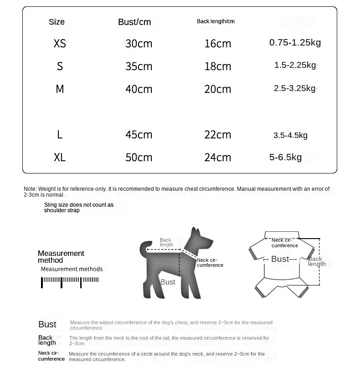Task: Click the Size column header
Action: pos(57,22)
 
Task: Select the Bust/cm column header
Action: pos(134,22)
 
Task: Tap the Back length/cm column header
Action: pos(216,21)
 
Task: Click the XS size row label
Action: pos(60,43)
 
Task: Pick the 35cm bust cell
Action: pos(139,66)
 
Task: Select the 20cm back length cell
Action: pos(217,89)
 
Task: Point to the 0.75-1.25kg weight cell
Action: pos(295,43)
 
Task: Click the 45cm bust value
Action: pos(139,135)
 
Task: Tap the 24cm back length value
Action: pos(217,158)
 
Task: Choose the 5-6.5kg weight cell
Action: pos(285,158)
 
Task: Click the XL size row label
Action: pos(60,158)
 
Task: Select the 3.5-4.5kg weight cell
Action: pos(290,135)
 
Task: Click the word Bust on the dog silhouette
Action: pos(168,282)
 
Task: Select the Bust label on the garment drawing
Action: pos(280,259)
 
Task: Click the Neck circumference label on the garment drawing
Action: pos(284,243)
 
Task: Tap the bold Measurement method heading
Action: pos(61,257)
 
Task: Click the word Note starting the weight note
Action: pos(30,189)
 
